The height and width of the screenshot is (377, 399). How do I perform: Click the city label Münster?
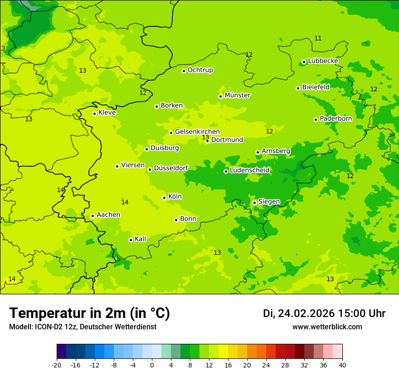pos(238,95)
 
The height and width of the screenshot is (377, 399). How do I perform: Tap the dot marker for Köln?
pos(164,198)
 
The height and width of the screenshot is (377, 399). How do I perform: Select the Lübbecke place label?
pos(323,61)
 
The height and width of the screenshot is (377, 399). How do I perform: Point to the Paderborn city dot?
pos(316,119)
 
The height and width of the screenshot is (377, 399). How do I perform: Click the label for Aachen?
pos(108,215)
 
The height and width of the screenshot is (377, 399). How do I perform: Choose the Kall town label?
pos(141,239)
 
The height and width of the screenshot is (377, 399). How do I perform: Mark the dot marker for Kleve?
pos(94,114)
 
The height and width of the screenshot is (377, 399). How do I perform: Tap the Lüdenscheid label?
pos(249,170)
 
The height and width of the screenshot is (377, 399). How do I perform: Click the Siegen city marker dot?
pos(254,203)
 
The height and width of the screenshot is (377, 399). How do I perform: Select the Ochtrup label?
pos(200,70)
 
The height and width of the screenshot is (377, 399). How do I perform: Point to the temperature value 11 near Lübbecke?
pos(318,38)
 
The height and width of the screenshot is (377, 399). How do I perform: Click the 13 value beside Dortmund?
pos(205,137)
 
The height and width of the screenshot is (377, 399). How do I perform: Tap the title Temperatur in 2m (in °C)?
pos(90,313)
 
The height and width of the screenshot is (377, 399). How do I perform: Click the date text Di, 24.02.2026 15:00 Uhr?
pos(324,313)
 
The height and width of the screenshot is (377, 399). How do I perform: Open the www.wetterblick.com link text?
pos(327,327)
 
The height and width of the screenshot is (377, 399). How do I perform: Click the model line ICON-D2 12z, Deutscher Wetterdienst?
pos(83,327)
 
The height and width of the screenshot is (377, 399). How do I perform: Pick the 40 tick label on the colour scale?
pos(342,365)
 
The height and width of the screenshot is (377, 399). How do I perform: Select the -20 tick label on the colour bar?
pos(57,365)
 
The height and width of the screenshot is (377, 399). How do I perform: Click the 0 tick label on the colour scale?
pos(152,365)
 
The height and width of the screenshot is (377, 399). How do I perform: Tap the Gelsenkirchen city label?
pos(197,132)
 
